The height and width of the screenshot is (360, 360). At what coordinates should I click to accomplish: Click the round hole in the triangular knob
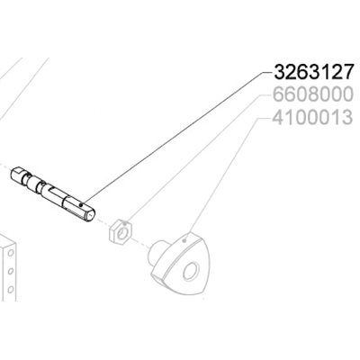coord(193,274)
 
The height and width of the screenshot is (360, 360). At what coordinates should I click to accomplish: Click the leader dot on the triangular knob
coord(184,240)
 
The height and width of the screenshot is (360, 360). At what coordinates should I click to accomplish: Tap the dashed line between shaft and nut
coord(103,221)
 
